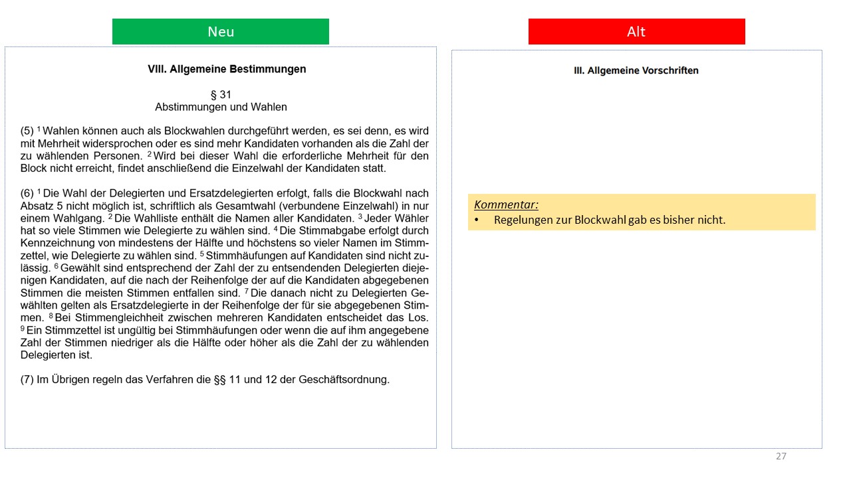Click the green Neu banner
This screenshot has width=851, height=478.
pyautogui.click(x=220, y=31)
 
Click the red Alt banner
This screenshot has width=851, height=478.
pyautogui.click(x=636, y=31)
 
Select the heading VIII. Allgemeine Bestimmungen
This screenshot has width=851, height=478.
pyautogui.click(x=227, y=69)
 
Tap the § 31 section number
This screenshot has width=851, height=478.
pyautogui.click(x=221, y=95)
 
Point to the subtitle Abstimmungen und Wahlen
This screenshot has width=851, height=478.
pyautogui.click(x=221, y=107)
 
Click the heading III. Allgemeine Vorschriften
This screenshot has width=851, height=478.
pyautogui.click(x=636, y=70)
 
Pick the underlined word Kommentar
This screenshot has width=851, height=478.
pyautogui.click(x=506, y=204)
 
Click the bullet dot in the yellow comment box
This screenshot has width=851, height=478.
pyautogui.click(x=477, y=220)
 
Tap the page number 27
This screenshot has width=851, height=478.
pyautogui.click(x=781, y=456)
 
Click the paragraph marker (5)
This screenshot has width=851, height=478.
pyautogui.click(x=27, y=131)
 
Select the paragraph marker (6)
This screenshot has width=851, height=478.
pyautogui.click(x=27, y=193)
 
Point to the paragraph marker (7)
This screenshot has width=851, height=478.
pyautogui.click(x=27, y=380)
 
